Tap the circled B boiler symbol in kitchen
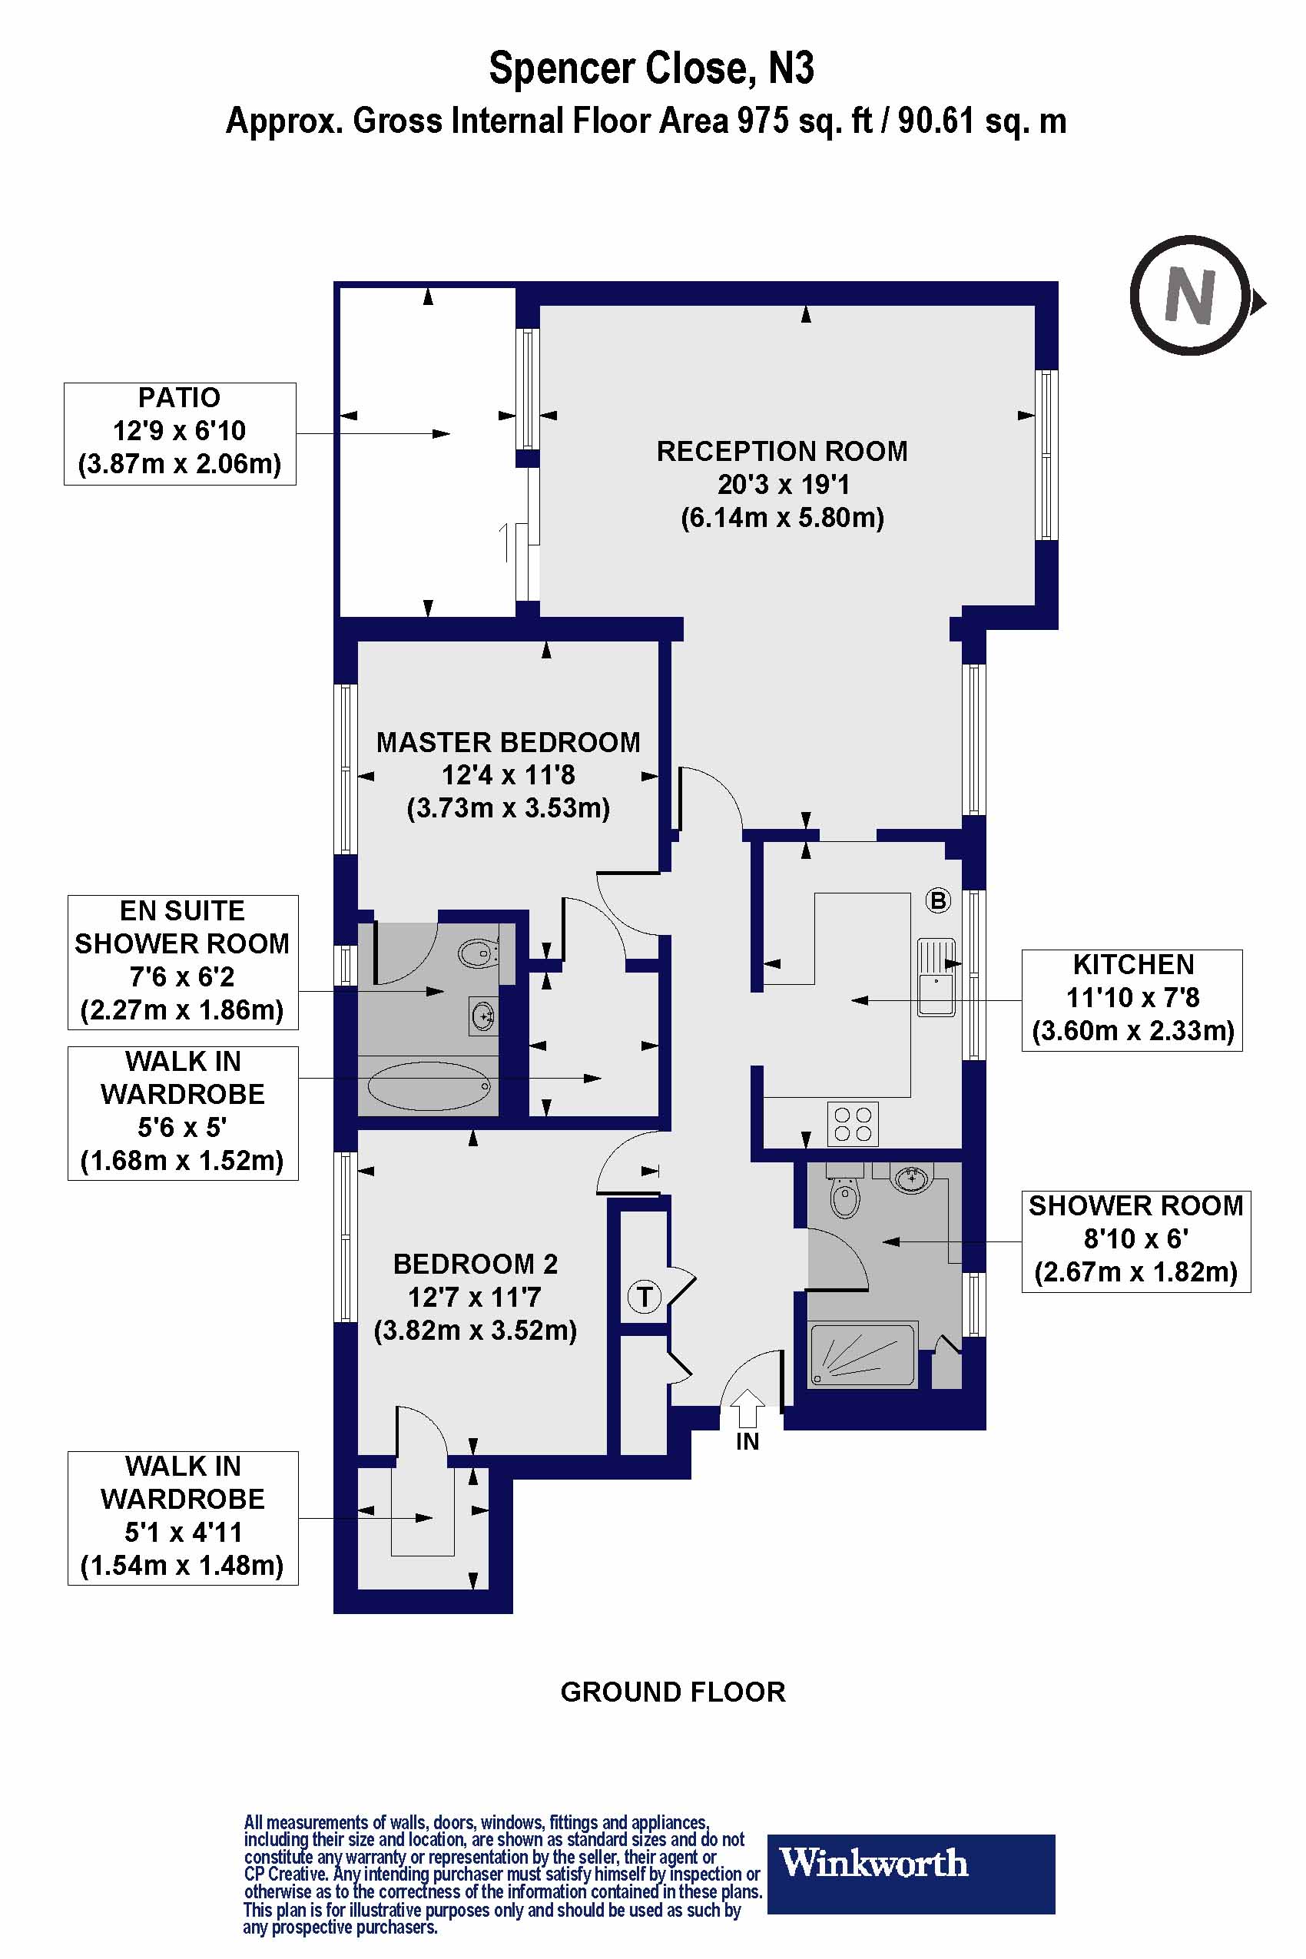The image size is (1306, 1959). tap(938, 900)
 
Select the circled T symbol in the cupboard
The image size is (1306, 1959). tap(644, 1297)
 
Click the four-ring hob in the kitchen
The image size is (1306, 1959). tap(853, 1125)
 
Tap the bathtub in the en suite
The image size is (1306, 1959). tap(428, 1086)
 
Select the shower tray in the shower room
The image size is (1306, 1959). tap(862, 1354)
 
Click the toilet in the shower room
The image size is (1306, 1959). tap(844, 1197)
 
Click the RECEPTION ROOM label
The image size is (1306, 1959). tap(781, 452)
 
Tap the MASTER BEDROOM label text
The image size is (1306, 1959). tap(508, 742)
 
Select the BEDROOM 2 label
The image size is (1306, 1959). tap(475, 1265)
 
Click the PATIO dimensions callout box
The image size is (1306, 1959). tap(180, 433)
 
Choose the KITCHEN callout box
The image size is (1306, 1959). tap(1131, 999)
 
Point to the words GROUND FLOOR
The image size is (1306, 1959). tap(673, 1692)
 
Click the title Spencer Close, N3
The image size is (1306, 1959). tap(651, 68)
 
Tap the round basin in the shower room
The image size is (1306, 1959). tap(911, 1178)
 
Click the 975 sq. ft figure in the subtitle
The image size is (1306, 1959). tap(790, 121)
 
